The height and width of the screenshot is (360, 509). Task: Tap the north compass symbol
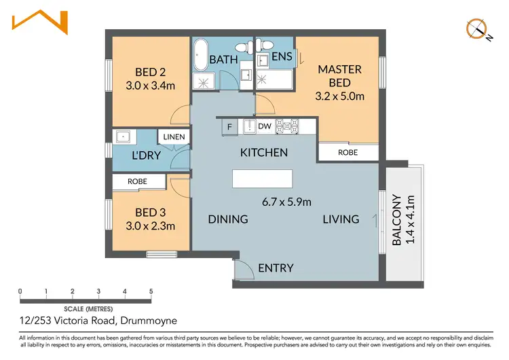click(x=477, y=29)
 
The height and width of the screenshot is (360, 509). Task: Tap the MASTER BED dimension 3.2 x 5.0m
click(x=340, y=96)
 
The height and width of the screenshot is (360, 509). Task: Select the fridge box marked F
click(x=230, y=126)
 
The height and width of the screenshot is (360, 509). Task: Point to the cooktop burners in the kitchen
click(x=287, y=126)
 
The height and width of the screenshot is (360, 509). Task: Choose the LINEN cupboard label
click(x=174, y=137)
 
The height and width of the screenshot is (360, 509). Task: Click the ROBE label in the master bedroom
click(x=347, y=153)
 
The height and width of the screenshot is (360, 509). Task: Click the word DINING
click(x=228, y=219)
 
